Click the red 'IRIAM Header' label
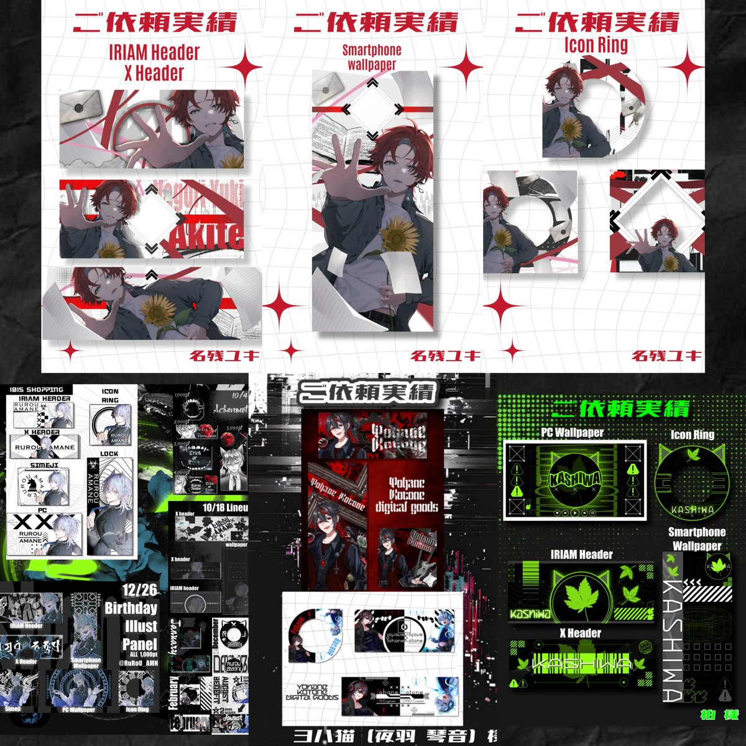click(154, 52)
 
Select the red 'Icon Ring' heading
click(596, 45)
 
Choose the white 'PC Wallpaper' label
click(572, 433)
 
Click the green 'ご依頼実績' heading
click(621, 408)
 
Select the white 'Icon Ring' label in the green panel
click(693, 435)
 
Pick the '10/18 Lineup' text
click(225, 508)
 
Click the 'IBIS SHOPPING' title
click(37, 389)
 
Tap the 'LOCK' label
click(109, 454)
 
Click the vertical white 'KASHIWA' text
click(673, 640)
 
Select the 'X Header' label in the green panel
click(581, 633)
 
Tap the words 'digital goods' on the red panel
click(407, 507)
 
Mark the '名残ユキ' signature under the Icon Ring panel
click(666, 356)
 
